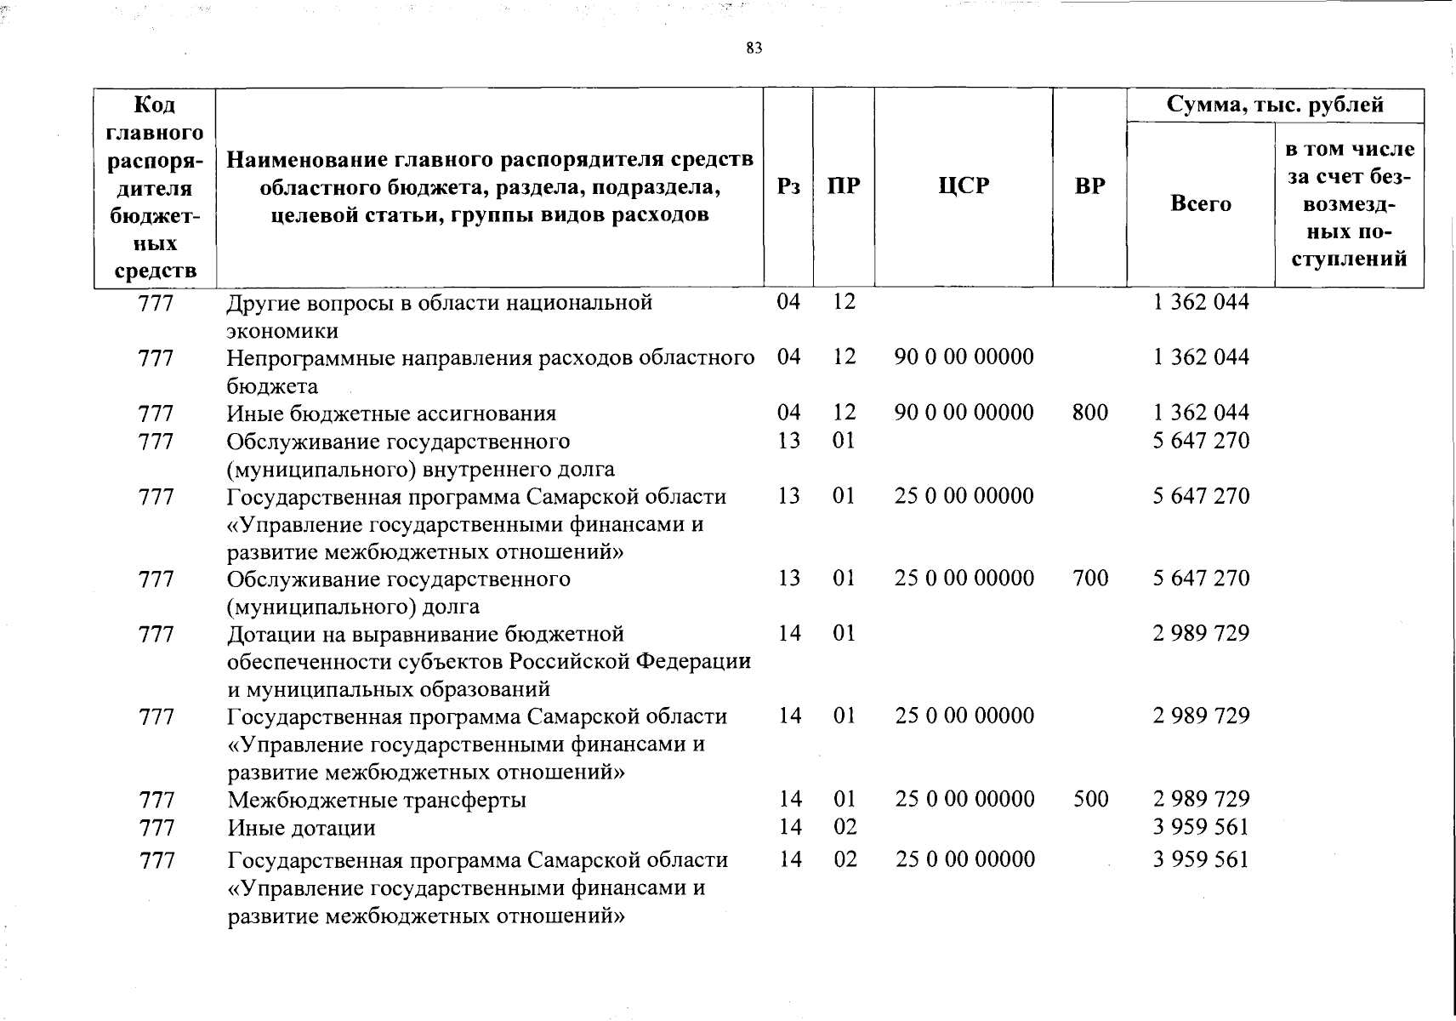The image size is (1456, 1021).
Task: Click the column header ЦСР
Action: tap(964, 186)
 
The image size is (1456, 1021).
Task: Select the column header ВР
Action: tap(1089, 186)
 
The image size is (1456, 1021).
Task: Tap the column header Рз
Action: tap(788, 186)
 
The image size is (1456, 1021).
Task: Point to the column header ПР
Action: tap(844, 186)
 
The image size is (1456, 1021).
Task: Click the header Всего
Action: tap(1201, 203)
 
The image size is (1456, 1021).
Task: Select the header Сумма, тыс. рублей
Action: tap(1275, 105)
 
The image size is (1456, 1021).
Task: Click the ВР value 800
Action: tap(1090, 413)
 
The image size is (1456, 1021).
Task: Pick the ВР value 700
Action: tap(1090, 579)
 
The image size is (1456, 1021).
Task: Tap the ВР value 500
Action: tap(1090, 799)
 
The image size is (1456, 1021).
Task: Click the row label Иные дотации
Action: tap(301, 828)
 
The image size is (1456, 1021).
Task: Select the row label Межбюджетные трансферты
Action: tap(377, 800)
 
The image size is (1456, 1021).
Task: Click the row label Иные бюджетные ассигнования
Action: tap(391, 414)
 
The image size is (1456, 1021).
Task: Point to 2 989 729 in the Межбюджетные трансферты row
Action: tap(1201, 799)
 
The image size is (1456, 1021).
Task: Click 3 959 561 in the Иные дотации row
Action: tap(1201, 827)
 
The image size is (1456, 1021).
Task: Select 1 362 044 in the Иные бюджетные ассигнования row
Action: tap(1201, 413)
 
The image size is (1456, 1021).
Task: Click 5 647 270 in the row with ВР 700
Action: tap(1201, 579)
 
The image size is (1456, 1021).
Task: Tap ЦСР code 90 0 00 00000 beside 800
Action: tap(964, 413)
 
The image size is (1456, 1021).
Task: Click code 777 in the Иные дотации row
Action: tap(156, 828)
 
